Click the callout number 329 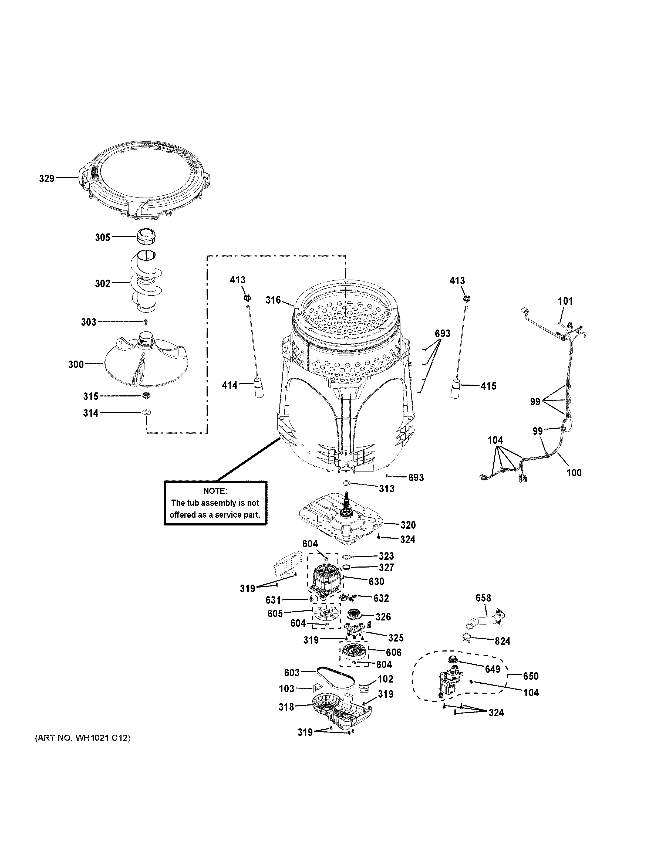[47, 179]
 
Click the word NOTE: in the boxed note [215, 491]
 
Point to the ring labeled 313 [346, 483]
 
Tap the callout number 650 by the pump [531, 676]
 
